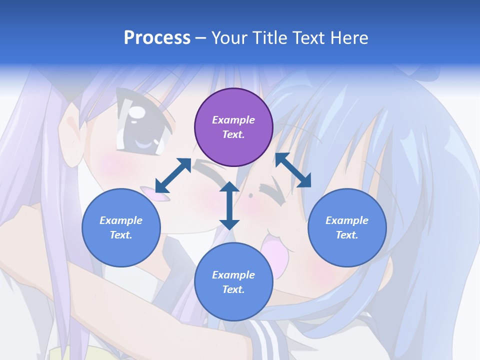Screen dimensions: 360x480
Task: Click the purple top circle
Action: click(233, 127)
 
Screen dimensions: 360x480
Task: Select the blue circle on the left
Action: click(121, 227)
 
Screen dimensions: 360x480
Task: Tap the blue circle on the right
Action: click(347, 227)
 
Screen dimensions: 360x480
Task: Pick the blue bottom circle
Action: click(233, 282)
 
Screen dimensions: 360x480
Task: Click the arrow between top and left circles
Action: click(173, 175)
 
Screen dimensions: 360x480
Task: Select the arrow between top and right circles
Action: click(293, 170)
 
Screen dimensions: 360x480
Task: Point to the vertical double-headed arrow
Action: click(229, 205)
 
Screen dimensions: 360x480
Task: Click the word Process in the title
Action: click(157, 38)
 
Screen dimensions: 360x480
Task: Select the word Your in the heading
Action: click(229, 38)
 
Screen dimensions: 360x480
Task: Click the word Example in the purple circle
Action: click(233, 120)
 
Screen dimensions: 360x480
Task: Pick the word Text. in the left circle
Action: click(121, 235)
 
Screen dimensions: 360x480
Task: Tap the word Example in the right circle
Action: click(347, 220)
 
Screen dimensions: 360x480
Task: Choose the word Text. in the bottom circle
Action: click(233, 289)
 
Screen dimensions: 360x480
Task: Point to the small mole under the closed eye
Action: click(250, 194)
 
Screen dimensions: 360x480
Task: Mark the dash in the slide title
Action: click(200, 38)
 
